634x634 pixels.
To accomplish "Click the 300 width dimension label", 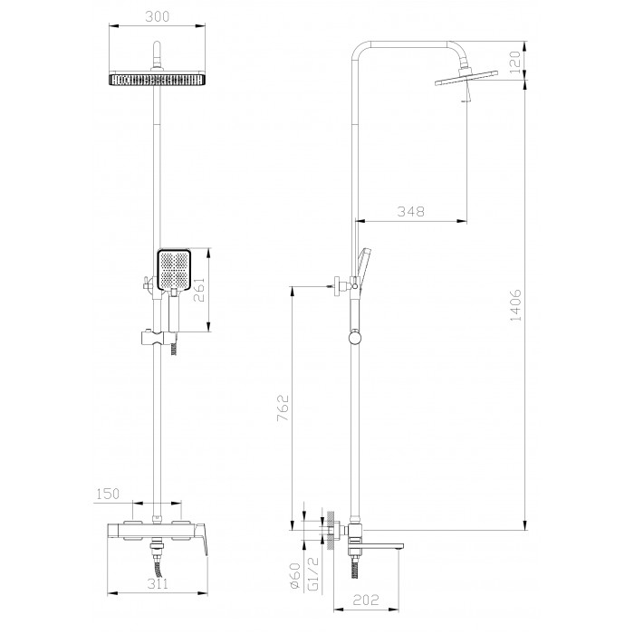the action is [x=157, y=17].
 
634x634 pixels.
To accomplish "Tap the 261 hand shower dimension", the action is [x=200, y=291].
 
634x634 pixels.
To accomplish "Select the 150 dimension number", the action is [x=109, y=494].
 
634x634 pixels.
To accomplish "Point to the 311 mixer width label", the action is [x=158, y=583].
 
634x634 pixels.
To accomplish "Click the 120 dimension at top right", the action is [x=515, y=62].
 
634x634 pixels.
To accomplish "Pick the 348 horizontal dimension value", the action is [x=411, y=211].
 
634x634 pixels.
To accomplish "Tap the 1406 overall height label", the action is [x=516, y=305].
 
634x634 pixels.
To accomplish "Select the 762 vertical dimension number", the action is [x=283, y=408].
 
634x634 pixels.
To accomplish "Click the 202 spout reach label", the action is [x=366, y=600].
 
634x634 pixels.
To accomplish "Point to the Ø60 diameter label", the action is [x=295, y=575].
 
